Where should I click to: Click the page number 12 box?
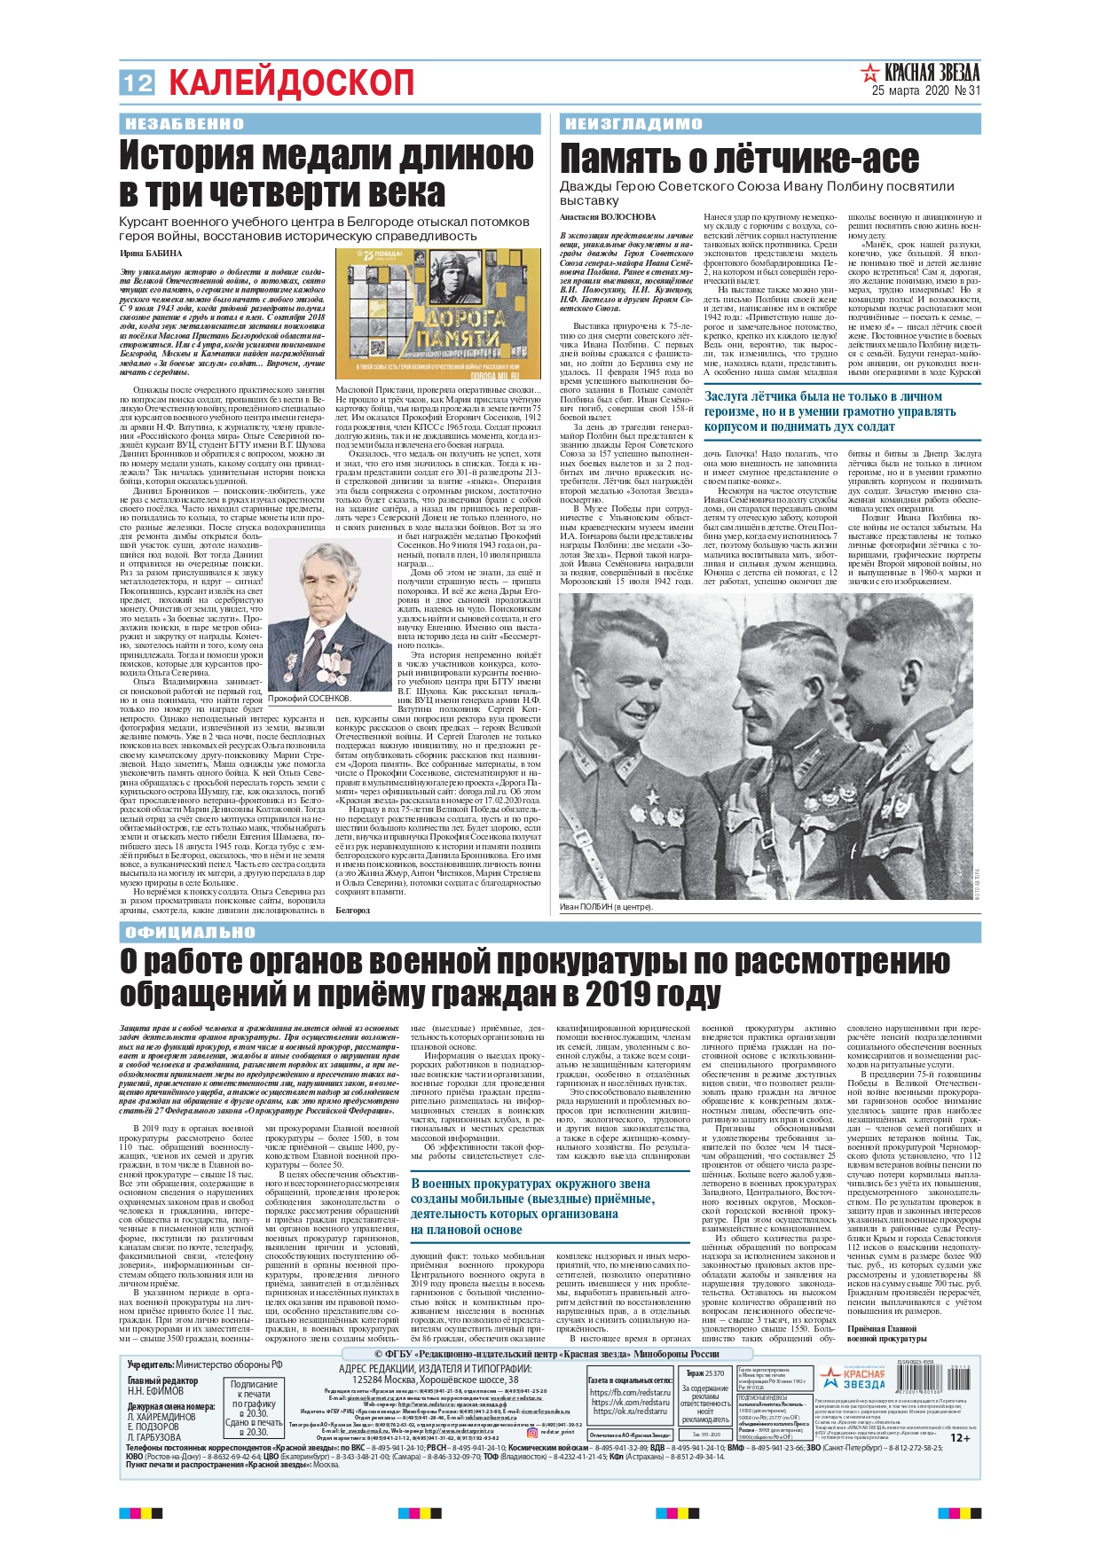coord(138,82)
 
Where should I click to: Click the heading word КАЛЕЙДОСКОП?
coord(291,83)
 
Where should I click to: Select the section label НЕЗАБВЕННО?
coord(184,124)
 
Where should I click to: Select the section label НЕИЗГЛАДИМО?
coord(633,124)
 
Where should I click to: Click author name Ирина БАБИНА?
coord(151,253)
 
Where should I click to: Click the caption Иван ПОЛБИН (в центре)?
coord(606,907)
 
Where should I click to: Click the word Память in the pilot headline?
coord(620,160)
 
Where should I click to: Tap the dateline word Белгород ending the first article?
coord(352,910)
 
